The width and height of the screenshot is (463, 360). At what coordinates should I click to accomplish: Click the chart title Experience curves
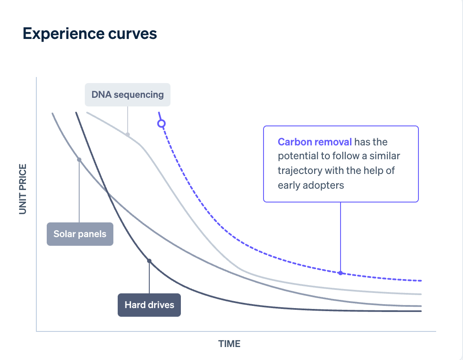[x=90, y=34]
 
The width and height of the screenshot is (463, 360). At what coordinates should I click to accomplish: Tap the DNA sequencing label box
[x=128, y=94]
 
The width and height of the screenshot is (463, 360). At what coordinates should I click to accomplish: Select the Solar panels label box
[x=80, y=234]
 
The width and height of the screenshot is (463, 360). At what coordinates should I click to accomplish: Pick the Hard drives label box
[x=149, y=305]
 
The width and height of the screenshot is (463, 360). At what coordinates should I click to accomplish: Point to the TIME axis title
[x=229, y=344]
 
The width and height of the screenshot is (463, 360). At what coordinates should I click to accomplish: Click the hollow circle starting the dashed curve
[x=161, y=124]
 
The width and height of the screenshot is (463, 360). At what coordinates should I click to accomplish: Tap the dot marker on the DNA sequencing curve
[x=128, y=135]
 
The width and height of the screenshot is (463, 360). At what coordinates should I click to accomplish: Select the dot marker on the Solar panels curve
[x=79, y=160]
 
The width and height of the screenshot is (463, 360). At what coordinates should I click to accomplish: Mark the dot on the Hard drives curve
[x=149, y=261]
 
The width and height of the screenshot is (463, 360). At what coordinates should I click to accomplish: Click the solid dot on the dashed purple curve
[x=341, y=273]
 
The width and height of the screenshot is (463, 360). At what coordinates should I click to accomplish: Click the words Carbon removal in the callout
[x=315, y=142]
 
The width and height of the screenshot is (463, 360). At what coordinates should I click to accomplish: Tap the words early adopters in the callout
[x=311, y=185]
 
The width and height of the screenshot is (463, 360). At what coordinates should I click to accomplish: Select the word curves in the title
[x=135, y=34]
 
